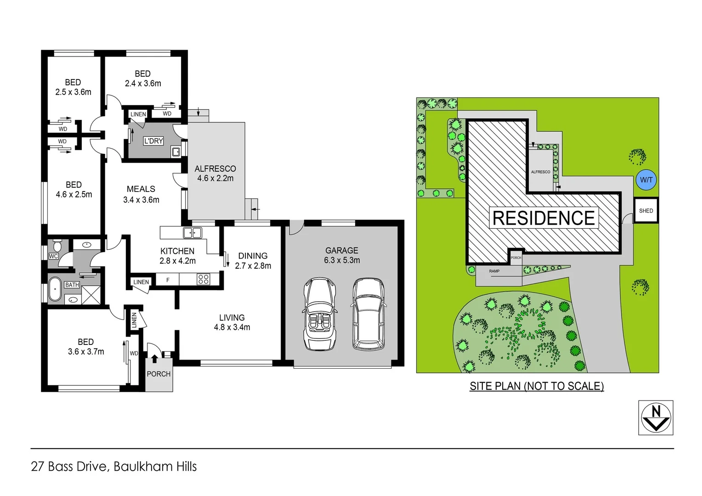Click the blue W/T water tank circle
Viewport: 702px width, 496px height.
point(646,180)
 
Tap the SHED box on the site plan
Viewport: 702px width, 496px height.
point(646,211)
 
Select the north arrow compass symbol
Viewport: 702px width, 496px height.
point(656,417)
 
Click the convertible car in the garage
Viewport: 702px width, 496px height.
point(320,314)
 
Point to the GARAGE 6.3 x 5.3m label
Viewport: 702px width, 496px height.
point(342,255)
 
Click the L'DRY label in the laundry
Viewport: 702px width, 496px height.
point(153,141)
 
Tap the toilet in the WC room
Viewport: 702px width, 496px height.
point(57,244)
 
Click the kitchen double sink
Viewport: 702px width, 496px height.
point(192,233)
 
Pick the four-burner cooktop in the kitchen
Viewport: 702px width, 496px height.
point(203,279)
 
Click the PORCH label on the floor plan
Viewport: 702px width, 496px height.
point(159,374)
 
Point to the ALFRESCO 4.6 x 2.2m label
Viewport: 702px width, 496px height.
point(215,174)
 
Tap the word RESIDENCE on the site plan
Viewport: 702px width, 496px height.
point(543,218)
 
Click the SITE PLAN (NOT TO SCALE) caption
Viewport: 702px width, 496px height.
point(537,386)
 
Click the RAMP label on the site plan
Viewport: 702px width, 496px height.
point(494,271)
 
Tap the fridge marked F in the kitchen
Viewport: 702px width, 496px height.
point(168,279)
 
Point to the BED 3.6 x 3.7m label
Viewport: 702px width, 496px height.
point(86,347)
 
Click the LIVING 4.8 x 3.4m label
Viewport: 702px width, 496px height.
point(232,322)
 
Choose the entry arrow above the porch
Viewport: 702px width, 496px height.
point(154,358)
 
